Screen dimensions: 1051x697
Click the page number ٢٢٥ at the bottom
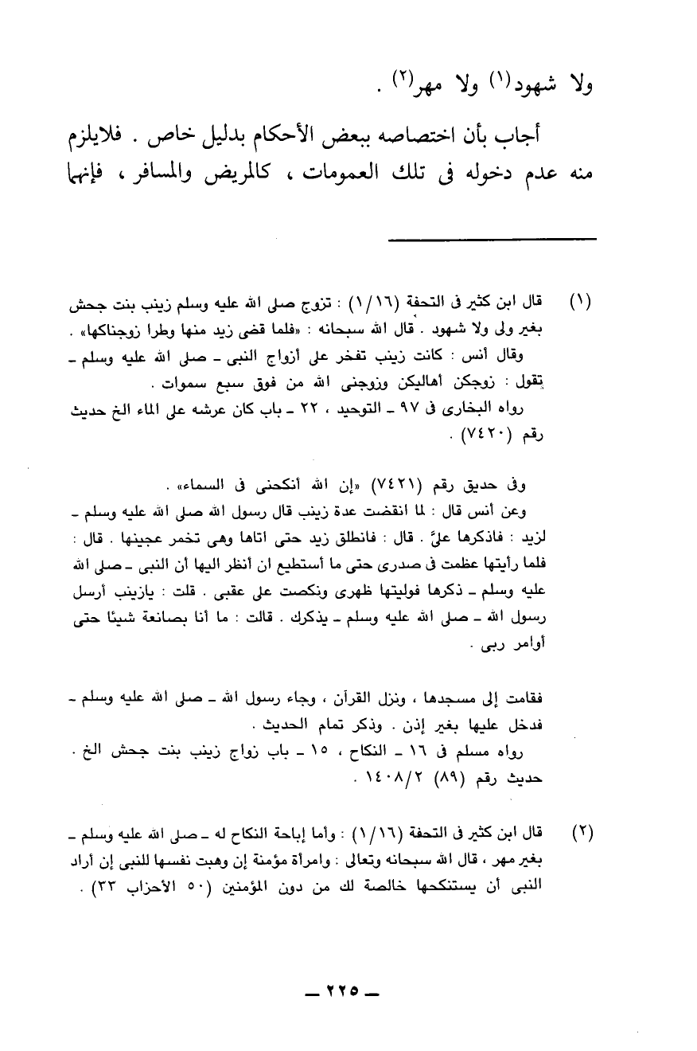(x=348, y=993)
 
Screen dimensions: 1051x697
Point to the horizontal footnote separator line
(x=496, y=240)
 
